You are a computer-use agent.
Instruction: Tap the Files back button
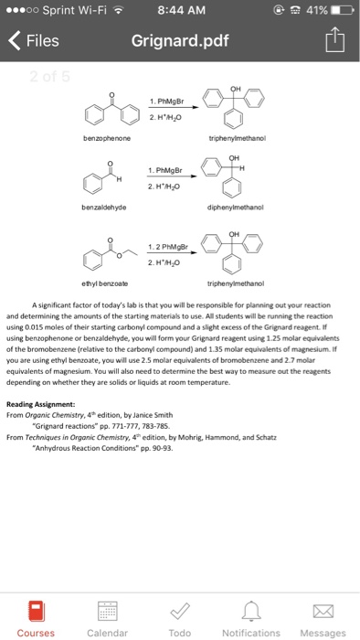click(36, 41)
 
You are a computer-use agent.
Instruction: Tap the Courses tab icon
click(35, 609)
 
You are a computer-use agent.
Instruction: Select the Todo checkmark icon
click(179, 609)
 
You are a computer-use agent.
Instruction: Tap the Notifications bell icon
click(250, 609)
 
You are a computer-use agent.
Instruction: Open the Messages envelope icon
click(323, 609)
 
